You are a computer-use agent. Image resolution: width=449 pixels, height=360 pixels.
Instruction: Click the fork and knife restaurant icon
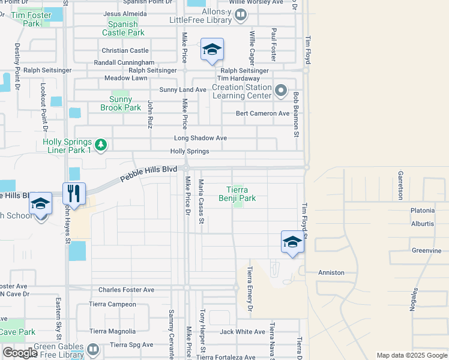click(x=74, y=194)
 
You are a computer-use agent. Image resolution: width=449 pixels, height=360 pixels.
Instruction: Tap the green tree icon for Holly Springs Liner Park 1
click(x=101, y=145)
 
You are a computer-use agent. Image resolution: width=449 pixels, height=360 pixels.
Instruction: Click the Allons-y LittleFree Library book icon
click(x=240, y=14)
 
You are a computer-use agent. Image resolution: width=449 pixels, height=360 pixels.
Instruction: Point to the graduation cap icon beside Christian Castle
click(x=212, y=50)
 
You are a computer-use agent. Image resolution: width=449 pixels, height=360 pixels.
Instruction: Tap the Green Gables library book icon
click(x=93, y=349)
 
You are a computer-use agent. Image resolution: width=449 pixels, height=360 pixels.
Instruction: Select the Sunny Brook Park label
click(x=125, y=103)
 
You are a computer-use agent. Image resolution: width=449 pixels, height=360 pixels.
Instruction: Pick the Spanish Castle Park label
click(x=123, y=28)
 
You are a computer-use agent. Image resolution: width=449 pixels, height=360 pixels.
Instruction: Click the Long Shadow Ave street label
click(x=200, y=138)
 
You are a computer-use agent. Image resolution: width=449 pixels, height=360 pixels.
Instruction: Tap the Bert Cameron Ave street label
click(x=262, y=113)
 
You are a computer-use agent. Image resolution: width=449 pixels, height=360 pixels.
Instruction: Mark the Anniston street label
click(x=331, y=272)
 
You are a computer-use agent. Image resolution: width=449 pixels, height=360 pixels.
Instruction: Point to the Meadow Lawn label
click(x=125, y=78)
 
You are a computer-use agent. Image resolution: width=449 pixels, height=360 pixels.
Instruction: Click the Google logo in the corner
click(x=20, y=353)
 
